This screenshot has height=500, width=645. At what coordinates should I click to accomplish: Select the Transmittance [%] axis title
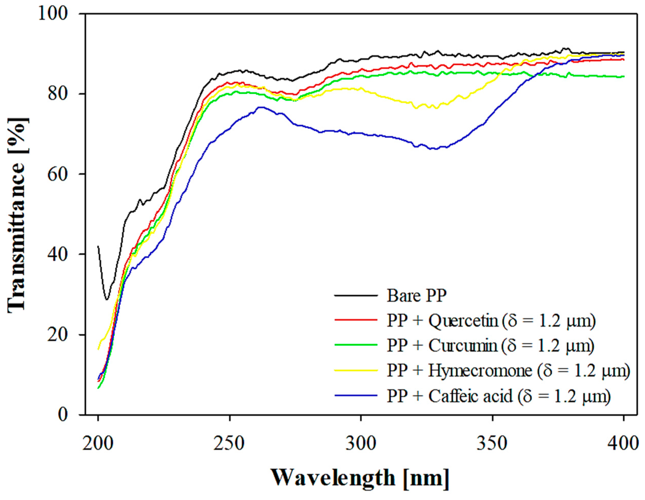click(x=18, y=214)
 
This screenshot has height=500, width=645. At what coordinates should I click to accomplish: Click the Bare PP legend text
click(x=416, y=295)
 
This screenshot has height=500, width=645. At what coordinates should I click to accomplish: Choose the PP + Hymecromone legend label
click(x=508, y=370)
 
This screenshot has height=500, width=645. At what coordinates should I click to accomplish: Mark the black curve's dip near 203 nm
click(x=107, y=299)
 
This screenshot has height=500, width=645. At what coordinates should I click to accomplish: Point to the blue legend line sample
click(x=356, y=395)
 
